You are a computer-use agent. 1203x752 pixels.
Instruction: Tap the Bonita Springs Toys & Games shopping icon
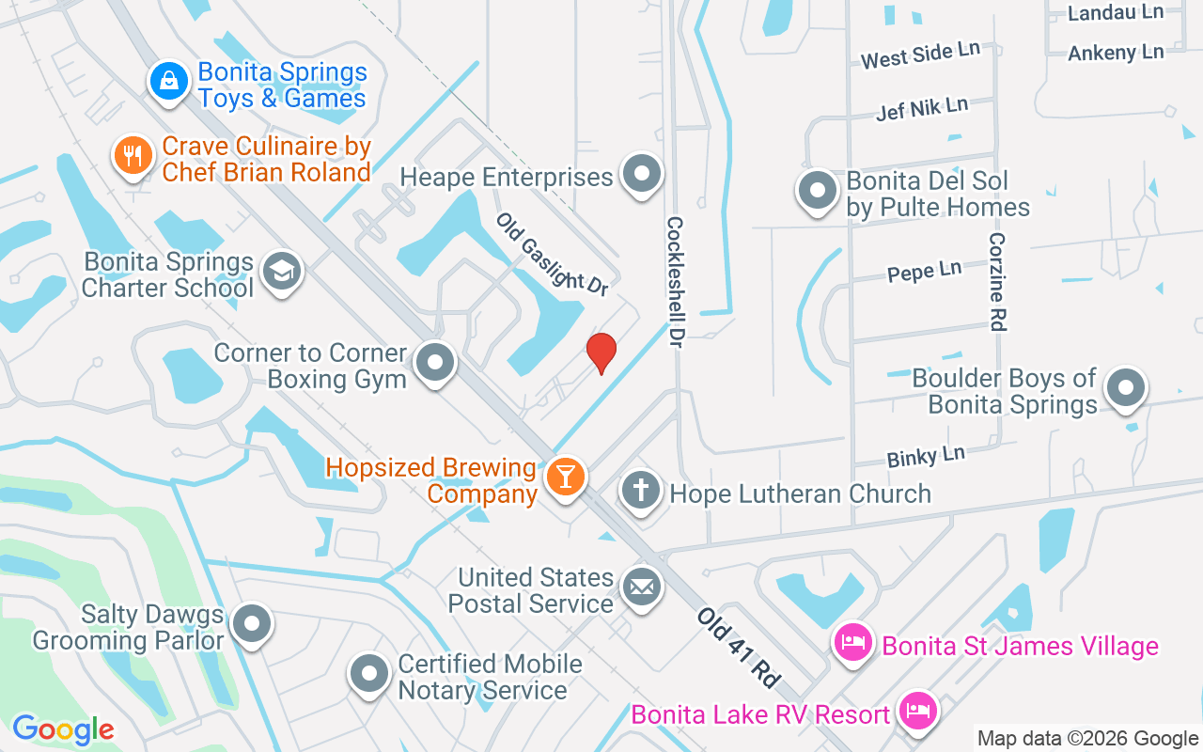point(169,82)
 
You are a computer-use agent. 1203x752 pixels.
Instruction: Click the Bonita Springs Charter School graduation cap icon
point(280,272)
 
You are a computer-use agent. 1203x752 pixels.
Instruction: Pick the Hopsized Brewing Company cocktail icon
point(566,477)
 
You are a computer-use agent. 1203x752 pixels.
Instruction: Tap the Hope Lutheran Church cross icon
point(641,492)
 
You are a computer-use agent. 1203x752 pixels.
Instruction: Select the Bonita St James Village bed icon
point(853,645)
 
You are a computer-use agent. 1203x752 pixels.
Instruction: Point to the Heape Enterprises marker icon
point(643,174)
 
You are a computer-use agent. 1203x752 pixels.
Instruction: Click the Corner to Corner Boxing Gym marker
point(436,362)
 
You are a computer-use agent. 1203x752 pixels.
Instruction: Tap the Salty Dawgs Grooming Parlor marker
point(252,624)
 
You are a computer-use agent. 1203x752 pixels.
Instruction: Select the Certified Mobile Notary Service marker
point(369,673)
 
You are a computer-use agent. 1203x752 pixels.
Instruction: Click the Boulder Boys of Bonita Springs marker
point(1125,387)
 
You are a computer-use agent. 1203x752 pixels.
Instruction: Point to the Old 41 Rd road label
point(740,647)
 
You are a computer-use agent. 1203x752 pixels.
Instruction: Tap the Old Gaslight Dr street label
point(552,254)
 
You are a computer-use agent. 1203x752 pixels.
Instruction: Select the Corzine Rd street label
point(997,281)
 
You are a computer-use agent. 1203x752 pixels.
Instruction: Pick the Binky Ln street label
point(926,457)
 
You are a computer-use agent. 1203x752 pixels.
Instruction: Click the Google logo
point(63,729)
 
